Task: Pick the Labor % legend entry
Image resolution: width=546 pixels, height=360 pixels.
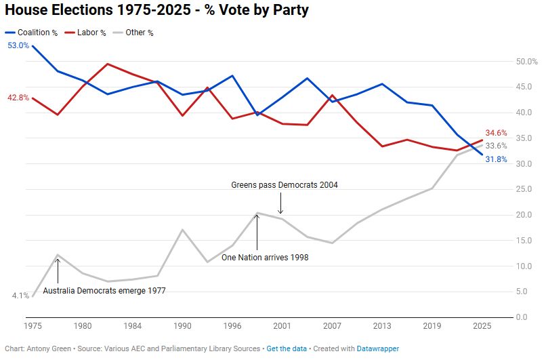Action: point(91,33)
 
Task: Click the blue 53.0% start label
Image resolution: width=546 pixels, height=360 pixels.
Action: point(18,45)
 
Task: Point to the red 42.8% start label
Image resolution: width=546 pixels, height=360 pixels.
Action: point(18,98)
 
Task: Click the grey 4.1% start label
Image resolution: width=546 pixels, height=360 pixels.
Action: point(20,296)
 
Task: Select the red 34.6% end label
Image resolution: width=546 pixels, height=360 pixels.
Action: point(495,134)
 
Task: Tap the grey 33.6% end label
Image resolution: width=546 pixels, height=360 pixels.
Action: point(495,146)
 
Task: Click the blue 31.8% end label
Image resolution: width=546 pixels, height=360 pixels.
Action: point(495,159)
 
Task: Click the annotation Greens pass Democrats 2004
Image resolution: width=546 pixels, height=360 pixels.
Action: point(284,184)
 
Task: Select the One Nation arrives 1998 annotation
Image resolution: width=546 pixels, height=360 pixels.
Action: point(265,258)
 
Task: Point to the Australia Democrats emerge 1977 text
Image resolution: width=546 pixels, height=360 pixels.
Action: point(104,290)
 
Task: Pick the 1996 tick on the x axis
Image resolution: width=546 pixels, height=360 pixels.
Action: point(232,326)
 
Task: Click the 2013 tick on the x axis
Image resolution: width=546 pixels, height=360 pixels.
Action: point(382,326)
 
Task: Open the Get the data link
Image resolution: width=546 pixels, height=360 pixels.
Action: point(285,348)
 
